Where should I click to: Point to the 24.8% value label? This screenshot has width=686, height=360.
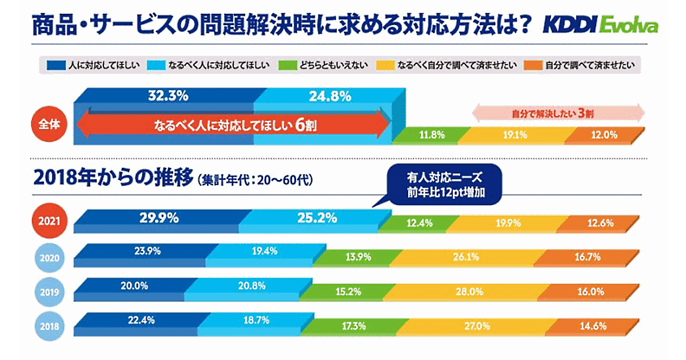[x=330, y=96]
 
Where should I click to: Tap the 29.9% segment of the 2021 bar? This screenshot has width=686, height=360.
[x=159, y=218]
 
